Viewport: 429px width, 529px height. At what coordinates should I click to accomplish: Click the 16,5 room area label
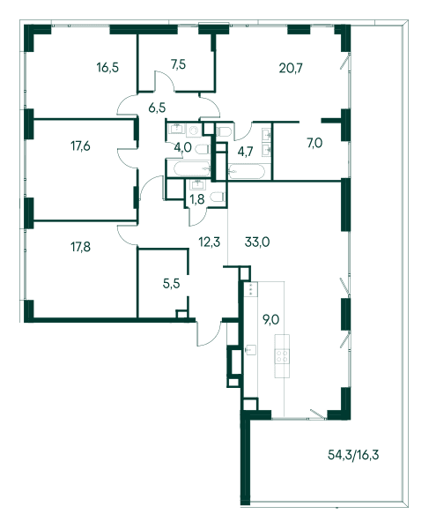pos(107,68)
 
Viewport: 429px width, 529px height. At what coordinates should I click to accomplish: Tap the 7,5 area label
pos(178,64)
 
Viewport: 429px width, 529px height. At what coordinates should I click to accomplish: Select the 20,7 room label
pos(291,68)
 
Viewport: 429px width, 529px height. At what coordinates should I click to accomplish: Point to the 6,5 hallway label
pos(157,108)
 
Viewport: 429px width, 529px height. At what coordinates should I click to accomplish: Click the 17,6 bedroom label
pos(80,146)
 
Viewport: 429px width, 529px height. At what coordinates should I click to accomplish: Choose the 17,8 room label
pos(80,247)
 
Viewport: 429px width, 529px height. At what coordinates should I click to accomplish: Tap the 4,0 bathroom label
pos(183,147)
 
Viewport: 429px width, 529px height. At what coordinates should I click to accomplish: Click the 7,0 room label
pos(314,143)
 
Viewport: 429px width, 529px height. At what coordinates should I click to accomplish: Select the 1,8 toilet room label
pos(197,199)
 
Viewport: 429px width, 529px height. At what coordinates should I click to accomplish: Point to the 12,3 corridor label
pos(210,242)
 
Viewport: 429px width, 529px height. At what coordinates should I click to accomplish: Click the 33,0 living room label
pos(257,242)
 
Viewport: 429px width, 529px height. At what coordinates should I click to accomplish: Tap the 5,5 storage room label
pos(171,284)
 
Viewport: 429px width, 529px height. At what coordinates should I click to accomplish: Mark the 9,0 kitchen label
pos(271,319)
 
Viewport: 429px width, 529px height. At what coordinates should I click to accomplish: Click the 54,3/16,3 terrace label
pos(353,455)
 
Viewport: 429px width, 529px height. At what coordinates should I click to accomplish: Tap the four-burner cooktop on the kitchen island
pos(282,356)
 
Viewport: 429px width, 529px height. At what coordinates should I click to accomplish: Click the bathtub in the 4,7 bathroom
pos(247,171)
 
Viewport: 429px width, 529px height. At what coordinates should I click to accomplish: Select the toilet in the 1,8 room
pos(218,197)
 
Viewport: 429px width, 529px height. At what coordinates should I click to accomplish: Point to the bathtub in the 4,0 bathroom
pos(191,168)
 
